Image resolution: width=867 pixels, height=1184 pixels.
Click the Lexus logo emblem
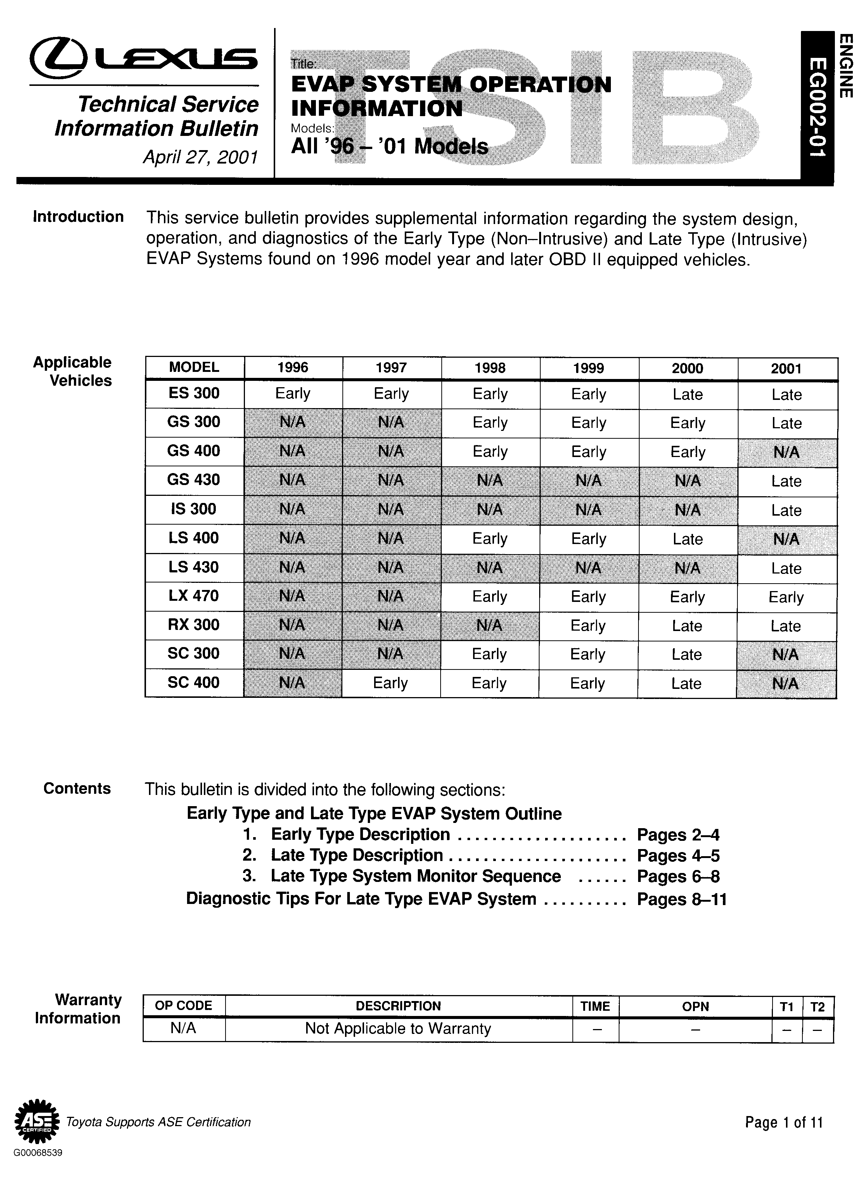[x=58, y=58]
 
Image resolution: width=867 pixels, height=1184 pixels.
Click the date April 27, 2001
[x=201, y=157]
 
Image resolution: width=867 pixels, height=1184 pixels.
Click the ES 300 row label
[x=194, y=393]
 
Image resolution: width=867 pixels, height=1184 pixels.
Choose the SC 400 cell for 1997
[x=391, y=683]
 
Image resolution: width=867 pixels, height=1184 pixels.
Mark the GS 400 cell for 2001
[x=786, y=452]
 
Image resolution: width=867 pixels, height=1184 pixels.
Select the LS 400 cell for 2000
[x=687, y=539]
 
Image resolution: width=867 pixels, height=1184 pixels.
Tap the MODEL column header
[x=194, y=367]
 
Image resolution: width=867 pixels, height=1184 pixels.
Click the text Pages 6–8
[x=678, y=876]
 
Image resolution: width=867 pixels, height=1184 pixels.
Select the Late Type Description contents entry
[x=357, y=855]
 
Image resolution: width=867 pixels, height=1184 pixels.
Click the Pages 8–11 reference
[x=681, y=899]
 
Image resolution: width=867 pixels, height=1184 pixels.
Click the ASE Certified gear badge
[x=36, y=1122]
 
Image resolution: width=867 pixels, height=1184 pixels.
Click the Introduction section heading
[x=78, y=217]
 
